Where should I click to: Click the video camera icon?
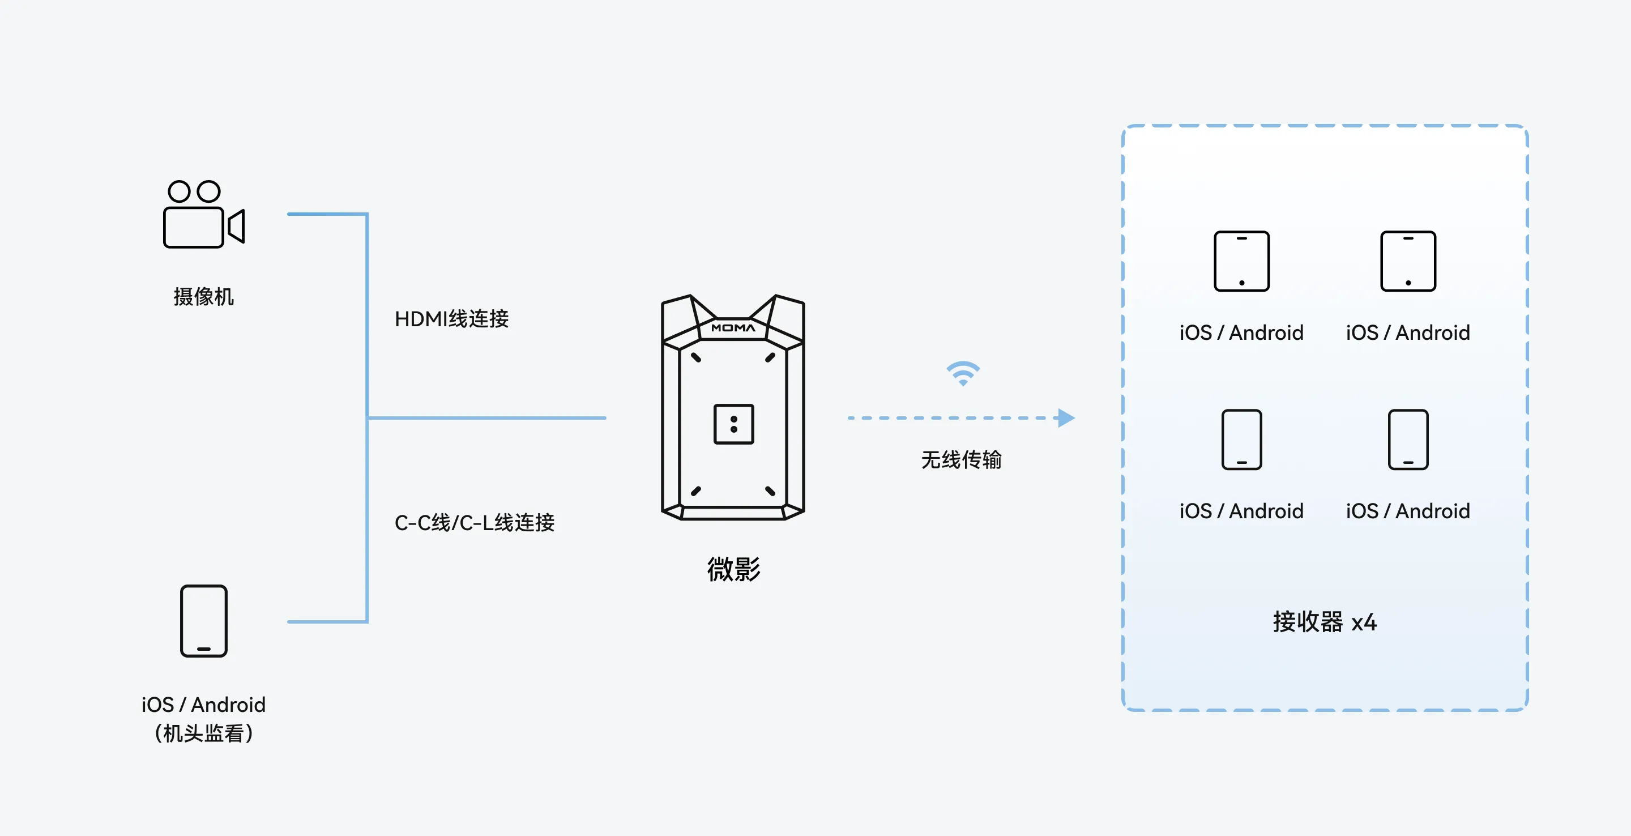(x=203, y=214)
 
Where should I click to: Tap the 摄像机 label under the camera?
(x=203, y=296)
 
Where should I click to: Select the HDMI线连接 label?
(x=451, y=318)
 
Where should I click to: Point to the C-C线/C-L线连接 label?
(x=474, y=522)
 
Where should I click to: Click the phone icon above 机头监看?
(x=203, y=621)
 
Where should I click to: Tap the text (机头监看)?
(x=203, y=733)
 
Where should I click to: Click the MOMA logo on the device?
(x=733, y=328)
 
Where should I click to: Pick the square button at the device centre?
(x=734, y=424)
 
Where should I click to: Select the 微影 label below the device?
(x=734, y=569)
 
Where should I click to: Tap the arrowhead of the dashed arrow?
(x=1067, y=418)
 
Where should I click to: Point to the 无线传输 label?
(x=961, y=460)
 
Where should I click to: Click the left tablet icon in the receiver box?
(x=1241, y=261)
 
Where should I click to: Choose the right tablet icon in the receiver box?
(x=1408, y=261)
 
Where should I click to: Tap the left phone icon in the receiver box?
(x=1241, y=440)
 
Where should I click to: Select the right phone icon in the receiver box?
(x=1408, y=440)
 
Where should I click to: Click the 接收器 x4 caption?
(x=1325, y=622)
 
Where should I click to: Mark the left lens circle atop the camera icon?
(x=179, y=191)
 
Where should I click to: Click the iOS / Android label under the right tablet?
(x=1408, y=332)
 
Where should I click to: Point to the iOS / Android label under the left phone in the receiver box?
(x=1241, y=511)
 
